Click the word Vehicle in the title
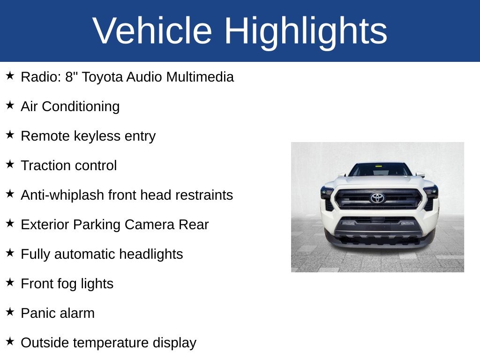click(x=152, y=31)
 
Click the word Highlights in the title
click(x=306, y=31)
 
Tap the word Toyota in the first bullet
click(x=102, y=77)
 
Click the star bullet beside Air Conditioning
click(x=10, y=105)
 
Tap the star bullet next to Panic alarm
click(x=10, y=312)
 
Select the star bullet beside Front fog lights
click(x=10, y=282)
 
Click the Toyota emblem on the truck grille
click(x=377, y=198)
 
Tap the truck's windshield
click(x=379, y=169)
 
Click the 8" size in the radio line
click(x=71, y=77)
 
